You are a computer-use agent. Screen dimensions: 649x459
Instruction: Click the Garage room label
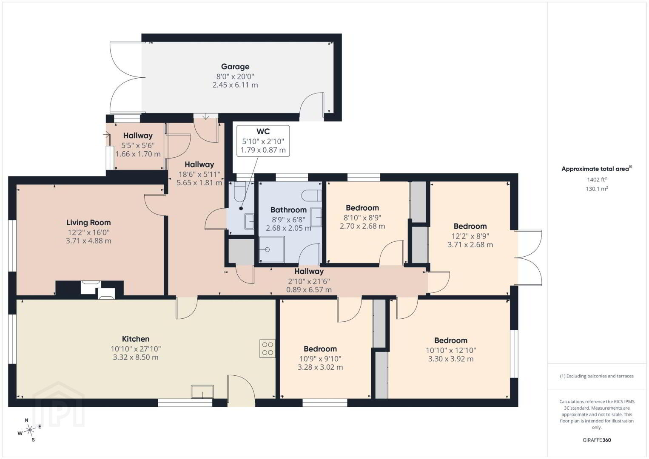[x=235, y=67]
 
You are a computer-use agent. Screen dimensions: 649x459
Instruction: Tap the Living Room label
[x=88, y=222]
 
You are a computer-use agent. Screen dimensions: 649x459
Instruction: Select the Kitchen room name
[x=136, y=339]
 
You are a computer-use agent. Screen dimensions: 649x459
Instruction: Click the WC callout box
[x=263, y=141]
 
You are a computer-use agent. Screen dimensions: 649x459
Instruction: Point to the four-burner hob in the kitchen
[x=267, y=348]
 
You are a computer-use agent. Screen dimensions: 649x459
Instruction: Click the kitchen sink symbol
[x=202, y=391]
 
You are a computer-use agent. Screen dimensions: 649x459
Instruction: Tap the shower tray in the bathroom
[x=271, y=249]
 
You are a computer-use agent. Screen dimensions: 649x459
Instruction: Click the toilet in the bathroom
[x=311, y=195]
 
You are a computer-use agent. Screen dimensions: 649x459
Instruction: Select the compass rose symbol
[x=29, y=430]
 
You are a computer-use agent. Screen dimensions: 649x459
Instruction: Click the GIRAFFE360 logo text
[x=597, y=440]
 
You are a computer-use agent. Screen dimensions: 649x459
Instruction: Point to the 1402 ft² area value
[x=597, y=179]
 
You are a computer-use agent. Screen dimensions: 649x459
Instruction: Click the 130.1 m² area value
[x=597, y=189]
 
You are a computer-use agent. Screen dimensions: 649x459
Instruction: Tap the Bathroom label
[x=288, y=210]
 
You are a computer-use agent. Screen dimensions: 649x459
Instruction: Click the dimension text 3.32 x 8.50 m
[x=136, y=357]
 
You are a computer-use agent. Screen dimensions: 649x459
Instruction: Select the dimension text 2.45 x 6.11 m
[x=235, y=85]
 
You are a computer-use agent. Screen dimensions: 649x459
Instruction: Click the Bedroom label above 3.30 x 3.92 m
[x=451, y=340]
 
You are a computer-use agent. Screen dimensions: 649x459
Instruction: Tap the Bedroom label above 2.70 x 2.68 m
[x=362, y=208]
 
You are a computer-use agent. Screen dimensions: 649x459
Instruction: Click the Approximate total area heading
[x=597, y=169]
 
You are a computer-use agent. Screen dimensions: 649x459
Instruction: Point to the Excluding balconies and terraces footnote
[x=597, y=376]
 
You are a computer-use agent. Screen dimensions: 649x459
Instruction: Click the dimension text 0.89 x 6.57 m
[x=309, y=289]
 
